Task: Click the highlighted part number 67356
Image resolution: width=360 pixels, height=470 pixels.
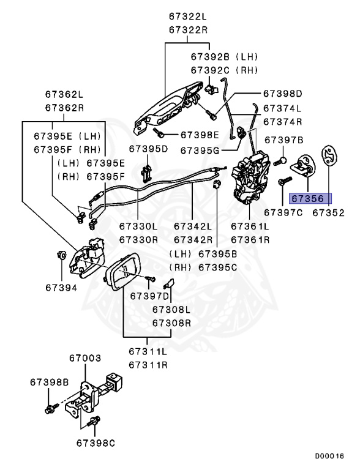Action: [308, 199]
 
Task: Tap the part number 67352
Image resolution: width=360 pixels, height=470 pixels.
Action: [329, 213]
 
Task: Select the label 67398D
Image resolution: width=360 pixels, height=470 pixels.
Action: [283, 94]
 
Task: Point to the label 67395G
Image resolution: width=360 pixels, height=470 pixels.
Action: [200, 151]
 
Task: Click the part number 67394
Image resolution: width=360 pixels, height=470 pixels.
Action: [61, 288]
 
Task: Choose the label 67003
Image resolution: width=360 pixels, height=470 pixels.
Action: [85, 358]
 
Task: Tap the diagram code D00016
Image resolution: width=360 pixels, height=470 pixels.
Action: [329, 456]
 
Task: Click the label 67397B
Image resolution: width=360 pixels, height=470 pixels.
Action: [284, 140]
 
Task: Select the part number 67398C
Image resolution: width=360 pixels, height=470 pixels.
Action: [96, 443]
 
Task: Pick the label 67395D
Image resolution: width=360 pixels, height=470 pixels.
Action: [149, 149]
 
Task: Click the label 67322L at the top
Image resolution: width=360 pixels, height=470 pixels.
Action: [188, 16]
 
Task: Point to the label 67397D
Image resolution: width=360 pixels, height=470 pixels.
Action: [150, 296]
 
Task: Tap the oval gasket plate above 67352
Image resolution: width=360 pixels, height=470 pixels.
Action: [329, 155]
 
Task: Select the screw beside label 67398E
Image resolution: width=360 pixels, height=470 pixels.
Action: [158, 132]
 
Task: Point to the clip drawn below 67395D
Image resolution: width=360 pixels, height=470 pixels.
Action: [146, 173]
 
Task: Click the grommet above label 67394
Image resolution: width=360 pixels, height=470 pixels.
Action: [61, 255]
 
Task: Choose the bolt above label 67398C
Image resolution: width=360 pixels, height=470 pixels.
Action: [94, 422]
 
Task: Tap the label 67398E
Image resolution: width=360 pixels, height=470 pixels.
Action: [200, 135]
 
